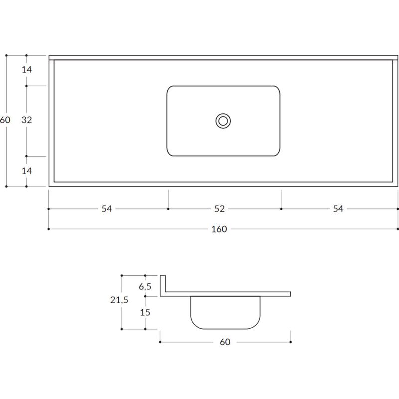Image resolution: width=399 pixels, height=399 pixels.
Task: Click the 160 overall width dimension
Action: (x=219, y=229)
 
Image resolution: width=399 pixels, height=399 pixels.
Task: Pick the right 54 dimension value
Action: (x=338, y=209)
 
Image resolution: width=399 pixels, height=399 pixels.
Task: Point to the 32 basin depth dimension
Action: (x=27, y=120)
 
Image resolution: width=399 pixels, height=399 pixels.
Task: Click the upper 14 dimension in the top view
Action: (x=27, y=70)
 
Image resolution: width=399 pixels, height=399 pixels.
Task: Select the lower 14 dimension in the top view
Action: (x=27, y=171)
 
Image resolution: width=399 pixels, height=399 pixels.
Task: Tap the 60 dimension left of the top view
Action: (x=5, y=120)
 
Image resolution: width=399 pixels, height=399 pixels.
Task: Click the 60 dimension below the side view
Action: (x=225, y=342)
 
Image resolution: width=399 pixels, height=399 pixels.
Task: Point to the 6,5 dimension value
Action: (x=145, y=286)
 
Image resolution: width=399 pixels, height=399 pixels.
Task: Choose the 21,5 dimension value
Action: (x=119, y=300)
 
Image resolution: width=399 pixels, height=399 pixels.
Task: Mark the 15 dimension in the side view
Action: (x=145, y=312)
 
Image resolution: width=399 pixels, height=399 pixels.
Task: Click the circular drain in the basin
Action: (x=223, y=121)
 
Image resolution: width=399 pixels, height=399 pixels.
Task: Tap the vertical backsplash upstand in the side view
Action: (x=162, y=284)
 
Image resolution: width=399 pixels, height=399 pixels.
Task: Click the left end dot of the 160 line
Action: (x=48, y=229)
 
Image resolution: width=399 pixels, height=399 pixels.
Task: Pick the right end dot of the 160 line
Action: (x=398, y=229)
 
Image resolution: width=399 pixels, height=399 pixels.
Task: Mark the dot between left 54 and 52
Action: (x=168, y=209)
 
